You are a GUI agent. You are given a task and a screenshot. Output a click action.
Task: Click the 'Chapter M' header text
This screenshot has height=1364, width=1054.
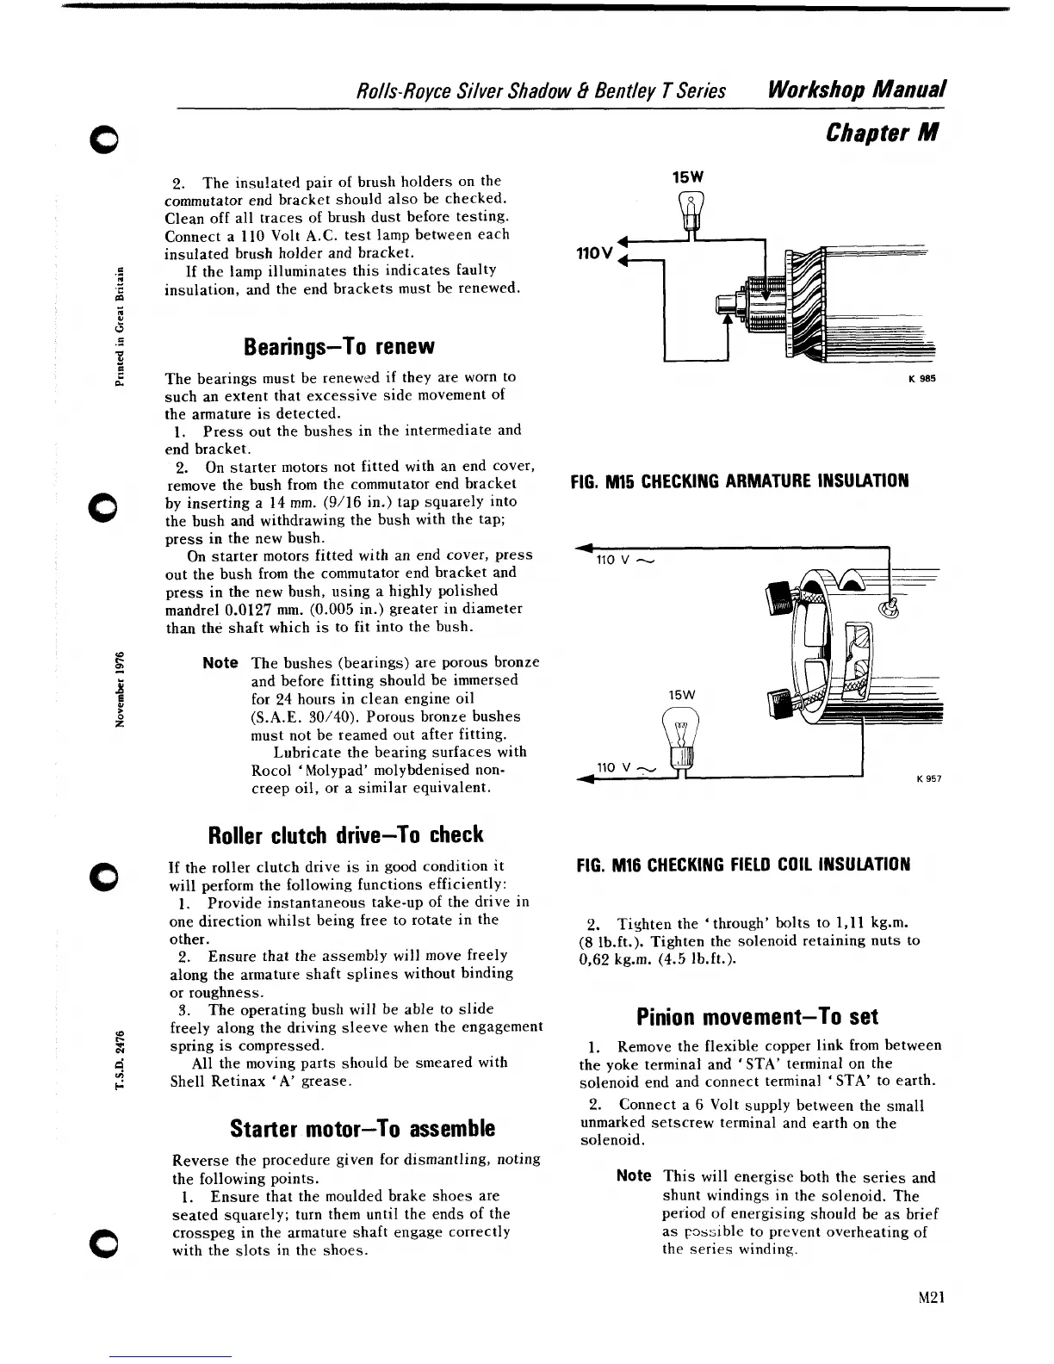coord(881,133)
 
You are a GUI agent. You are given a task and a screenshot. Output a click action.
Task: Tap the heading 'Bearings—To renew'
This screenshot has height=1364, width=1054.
coord(339,347)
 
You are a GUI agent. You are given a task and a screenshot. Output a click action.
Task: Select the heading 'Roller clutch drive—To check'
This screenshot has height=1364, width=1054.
coord(346,834)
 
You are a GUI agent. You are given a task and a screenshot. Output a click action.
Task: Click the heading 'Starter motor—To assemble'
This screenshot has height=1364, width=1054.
coord(350,1128)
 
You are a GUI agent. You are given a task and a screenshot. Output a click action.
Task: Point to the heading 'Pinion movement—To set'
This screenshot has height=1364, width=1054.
coord(757,1017)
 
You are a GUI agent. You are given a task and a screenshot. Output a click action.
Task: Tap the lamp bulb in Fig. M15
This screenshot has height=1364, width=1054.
coord(690,212)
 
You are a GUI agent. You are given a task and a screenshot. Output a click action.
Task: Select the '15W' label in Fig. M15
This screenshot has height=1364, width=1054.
coord(688,176)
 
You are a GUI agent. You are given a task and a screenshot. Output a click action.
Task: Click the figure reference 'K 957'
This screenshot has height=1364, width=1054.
coord(929,778)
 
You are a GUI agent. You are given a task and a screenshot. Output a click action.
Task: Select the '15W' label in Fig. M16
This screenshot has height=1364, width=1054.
coord(681,694)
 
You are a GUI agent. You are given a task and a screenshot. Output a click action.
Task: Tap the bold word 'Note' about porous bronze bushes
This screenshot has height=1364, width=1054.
coord(220,662)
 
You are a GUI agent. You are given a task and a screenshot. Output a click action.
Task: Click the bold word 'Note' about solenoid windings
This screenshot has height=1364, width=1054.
coord(634,1176)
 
